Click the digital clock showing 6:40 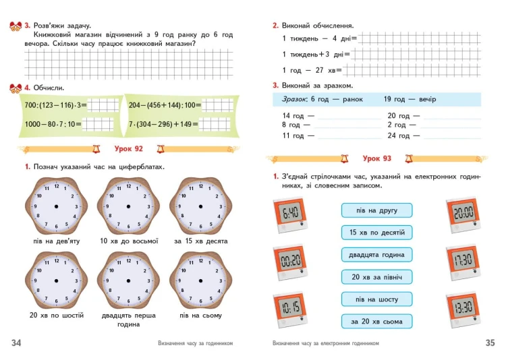290,215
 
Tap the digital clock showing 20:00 463,215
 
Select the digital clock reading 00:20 290,262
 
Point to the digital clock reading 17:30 463,262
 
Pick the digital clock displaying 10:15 290,310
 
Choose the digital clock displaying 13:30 463,309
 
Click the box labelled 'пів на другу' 376,210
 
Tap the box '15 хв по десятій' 376,233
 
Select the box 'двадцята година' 376,255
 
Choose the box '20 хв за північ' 376,277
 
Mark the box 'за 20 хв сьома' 376,322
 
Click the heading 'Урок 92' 128,149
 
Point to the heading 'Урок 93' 376,158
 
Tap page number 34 16,342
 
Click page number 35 490,342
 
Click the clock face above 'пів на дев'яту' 57,206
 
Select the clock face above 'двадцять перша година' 128,281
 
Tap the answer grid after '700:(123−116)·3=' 103,105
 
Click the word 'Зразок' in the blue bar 293,99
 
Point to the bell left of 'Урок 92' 96,149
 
